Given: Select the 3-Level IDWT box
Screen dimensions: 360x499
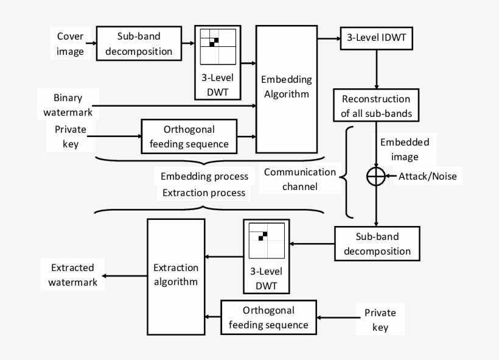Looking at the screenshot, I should click(x=377, y=39).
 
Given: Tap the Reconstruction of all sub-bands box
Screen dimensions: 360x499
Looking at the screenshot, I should click(x=375, y=105).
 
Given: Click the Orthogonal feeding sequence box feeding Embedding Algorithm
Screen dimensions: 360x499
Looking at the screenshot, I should click(x=187, y=136).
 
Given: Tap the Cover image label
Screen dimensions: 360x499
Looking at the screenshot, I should click(x=71, y=43).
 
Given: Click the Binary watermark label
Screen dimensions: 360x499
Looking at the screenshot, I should click(x=68, y=104).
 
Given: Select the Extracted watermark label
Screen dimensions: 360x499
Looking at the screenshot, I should click(x=68, y=275).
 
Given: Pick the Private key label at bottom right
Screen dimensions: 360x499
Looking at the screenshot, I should click(x=380, y=320).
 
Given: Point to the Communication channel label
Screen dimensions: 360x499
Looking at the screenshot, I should click(x=299, y=179).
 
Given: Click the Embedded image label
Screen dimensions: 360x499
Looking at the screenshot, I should click(x=404, y=149).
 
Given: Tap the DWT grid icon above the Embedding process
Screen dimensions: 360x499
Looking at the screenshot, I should click(x=218, y=46).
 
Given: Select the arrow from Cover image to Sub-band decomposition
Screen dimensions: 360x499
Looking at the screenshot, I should click(x=90, y=43).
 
